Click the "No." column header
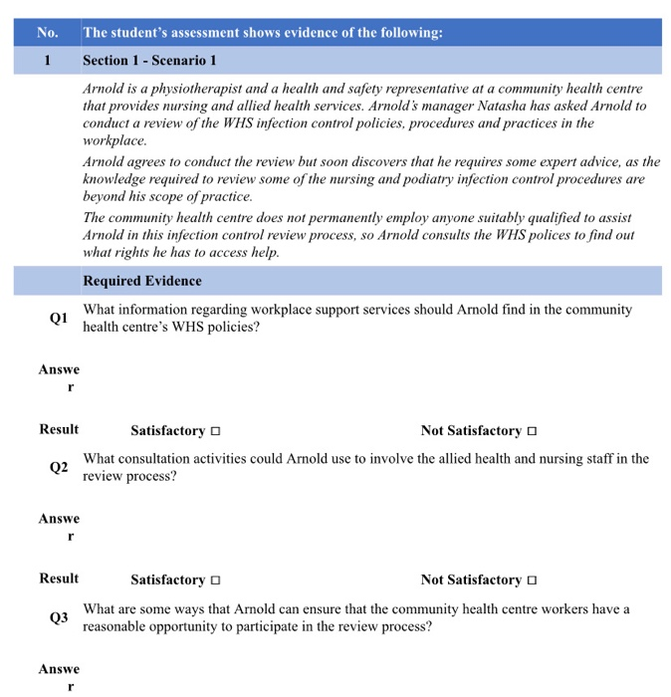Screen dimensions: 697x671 pos(47,33)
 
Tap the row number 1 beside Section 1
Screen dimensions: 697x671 pos(47,60)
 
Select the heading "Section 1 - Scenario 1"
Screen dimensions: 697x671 pos(149,60)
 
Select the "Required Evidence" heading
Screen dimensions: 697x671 pos(142,281)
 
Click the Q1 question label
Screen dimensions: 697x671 pos(59,319)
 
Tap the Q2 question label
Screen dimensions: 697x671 pos(59,468)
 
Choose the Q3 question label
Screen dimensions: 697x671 pos(59,617)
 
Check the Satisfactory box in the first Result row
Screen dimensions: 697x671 pos(215,431)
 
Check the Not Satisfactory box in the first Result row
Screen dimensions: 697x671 pos(532,431)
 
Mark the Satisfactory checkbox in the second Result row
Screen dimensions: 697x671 pos(215,581)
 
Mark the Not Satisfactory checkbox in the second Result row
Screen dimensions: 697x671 pos(532,581)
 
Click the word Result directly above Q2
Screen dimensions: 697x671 pos(59,430)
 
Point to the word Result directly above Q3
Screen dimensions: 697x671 pos(59,579)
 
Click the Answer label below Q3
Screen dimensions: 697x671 pos(60,677)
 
